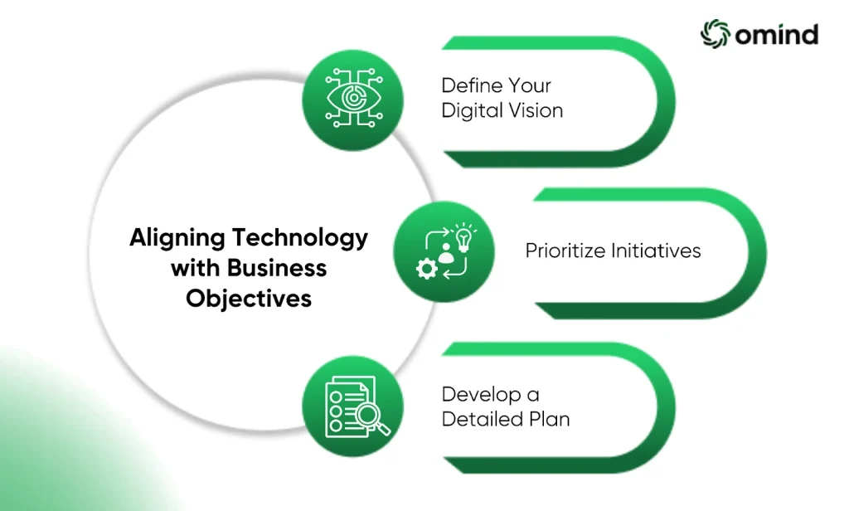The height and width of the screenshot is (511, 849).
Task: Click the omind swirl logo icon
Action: click(x=716, y=34)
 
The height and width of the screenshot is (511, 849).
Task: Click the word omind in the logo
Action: click(x=776, y=35)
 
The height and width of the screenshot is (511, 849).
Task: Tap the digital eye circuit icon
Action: click(x=353, y=98)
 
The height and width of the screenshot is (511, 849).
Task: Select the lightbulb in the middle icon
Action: click(x=463, y=237)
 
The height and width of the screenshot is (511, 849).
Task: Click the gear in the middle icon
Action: click(x=427, y=269)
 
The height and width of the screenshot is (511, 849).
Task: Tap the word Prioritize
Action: click(x=565, y=251)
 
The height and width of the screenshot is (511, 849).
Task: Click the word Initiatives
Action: click(x=657, y=251)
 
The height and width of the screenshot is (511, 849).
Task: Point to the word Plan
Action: click(x=549, y=419)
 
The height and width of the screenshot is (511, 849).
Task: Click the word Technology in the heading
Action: click(x=300, y=238)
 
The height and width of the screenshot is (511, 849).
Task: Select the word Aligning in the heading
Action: click(x=177, y=238)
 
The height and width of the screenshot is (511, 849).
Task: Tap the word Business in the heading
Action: click(x=276, y=268)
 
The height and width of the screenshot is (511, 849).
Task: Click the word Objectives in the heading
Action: click(x=249, y=299)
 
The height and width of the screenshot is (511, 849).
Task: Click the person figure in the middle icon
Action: click(x=445, y=254)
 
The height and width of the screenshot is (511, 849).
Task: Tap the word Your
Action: click(x=526, y=85)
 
